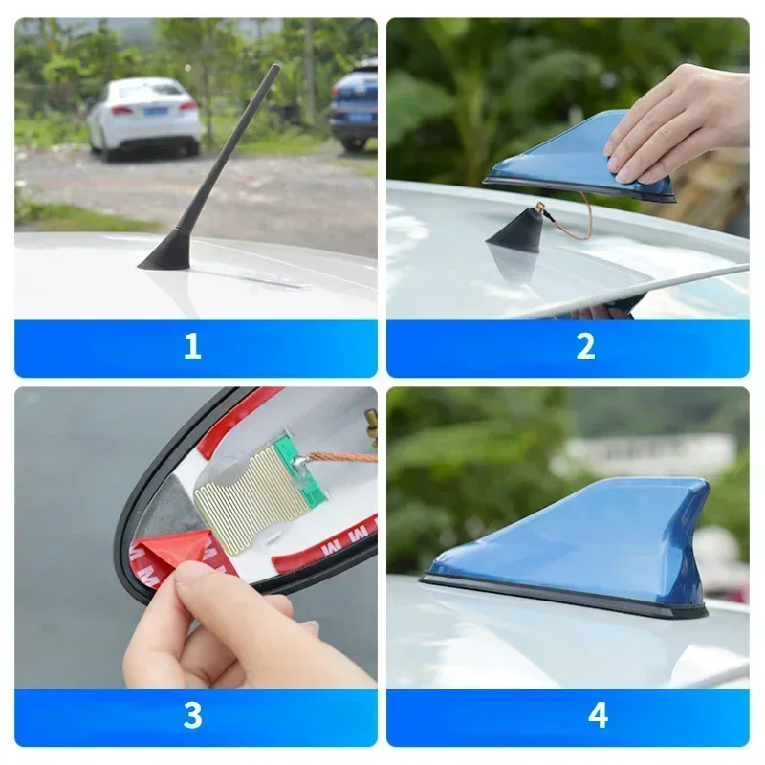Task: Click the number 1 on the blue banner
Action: [192, 346]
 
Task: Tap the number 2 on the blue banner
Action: [585, 346]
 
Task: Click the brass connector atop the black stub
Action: [540, 208]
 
